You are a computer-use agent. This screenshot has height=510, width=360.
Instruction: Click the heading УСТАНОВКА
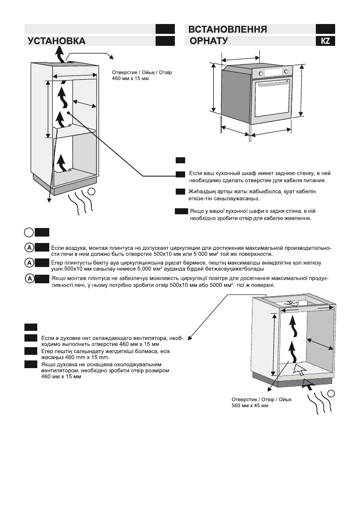pos(56,41)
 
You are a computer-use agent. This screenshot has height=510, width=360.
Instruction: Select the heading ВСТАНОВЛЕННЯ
pos(228,30)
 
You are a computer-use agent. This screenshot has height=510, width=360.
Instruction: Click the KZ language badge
pos(325,41)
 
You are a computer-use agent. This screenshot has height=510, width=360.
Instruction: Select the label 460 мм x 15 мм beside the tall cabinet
pos(130,80)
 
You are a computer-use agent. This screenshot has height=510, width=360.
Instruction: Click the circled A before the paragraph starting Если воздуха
pos(30,247)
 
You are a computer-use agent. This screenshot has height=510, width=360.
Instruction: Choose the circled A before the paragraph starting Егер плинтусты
pos(30,262)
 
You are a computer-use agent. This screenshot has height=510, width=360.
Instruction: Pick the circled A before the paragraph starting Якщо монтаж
pos(30,278)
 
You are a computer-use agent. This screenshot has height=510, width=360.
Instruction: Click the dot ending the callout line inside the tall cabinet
pos(68,113)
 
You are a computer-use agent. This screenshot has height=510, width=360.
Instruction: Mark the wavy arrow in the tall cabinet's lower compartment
pos(63,162)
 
